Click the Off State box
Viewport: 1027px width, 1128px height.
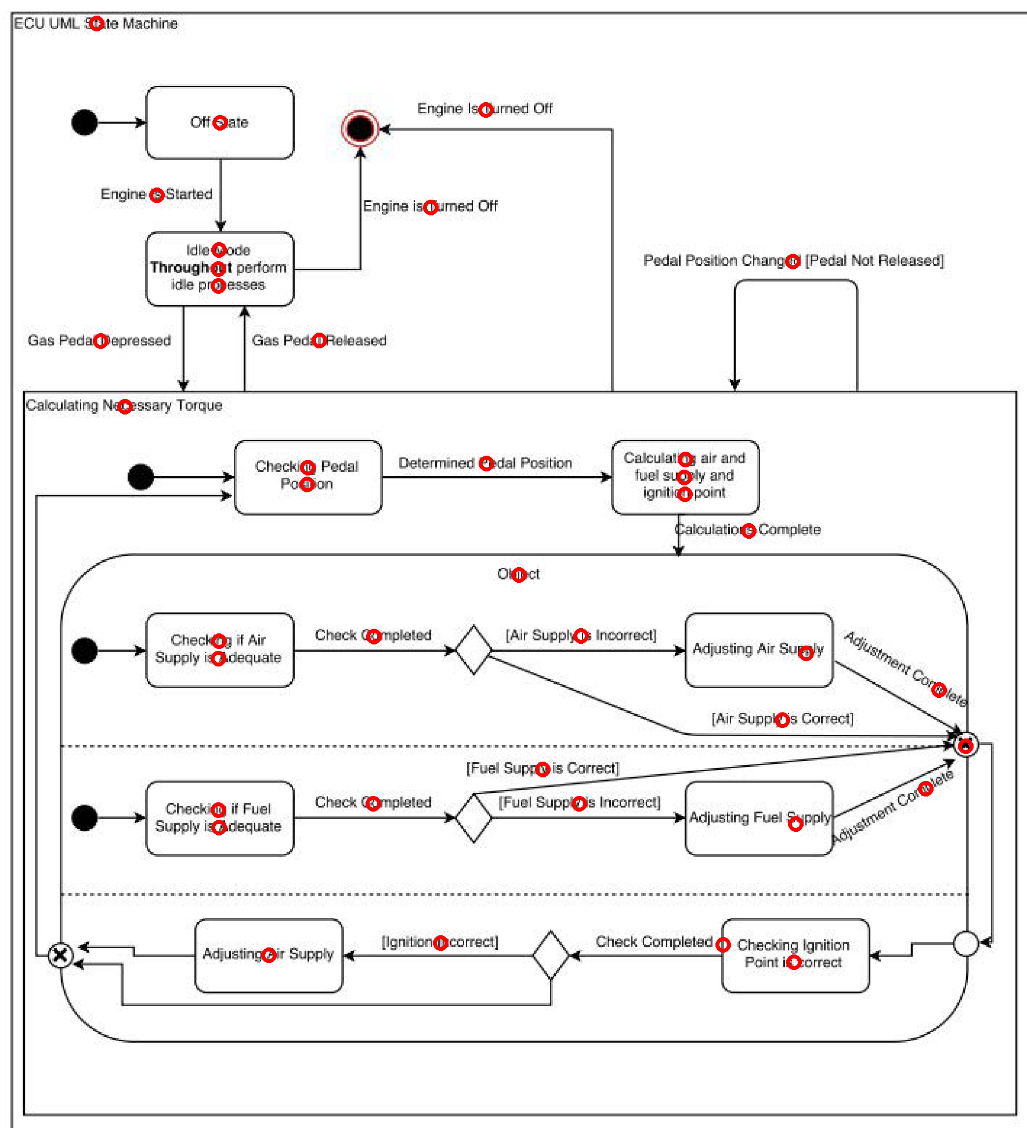point(219,122)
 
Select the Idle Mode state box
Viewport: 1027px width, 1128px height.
point(219,268)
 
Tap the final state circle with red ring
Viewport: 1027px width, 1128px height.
point(360,128)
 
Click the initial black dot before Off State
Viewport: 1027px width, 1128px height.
point(85,122)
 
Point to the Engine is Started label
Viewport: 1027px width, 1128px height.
point(156,194)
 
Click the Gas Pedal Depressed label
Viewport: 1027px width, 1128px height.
point(99,341)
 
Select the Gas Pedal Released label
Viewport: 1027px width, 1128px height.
point(319,341)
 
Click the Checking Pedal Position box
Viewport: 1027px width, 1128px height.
point(308,477)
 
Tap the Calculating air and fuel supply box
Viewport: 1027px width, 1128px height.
point(685,477)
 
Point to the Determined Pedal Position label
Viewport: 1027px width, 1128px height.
point(485,463)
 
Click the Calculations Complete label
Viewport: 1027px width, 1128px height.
point(747,530)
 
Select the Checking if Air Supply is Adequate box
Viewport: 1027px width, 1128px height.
point(219,650)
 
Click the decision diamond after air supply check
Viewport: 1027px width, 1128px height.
point(473,650)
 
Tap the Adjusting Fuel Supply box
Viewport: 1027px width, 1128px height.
point(758,818)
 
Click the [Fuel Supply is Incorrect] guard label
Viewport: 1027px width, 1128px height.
point(579,803)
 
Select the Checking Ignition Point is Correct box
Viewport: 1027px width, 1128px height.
point(794,954)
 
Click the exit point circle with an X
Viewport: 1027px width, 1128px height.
point(60,956)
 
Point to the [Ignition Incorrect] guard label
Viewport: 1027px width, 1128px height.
point(440,942)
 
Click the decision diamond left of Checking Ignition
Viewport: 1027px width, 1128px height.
point(550,955)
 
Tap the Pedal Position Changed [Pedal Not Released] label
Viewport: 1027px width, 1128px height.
point(793,261)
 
